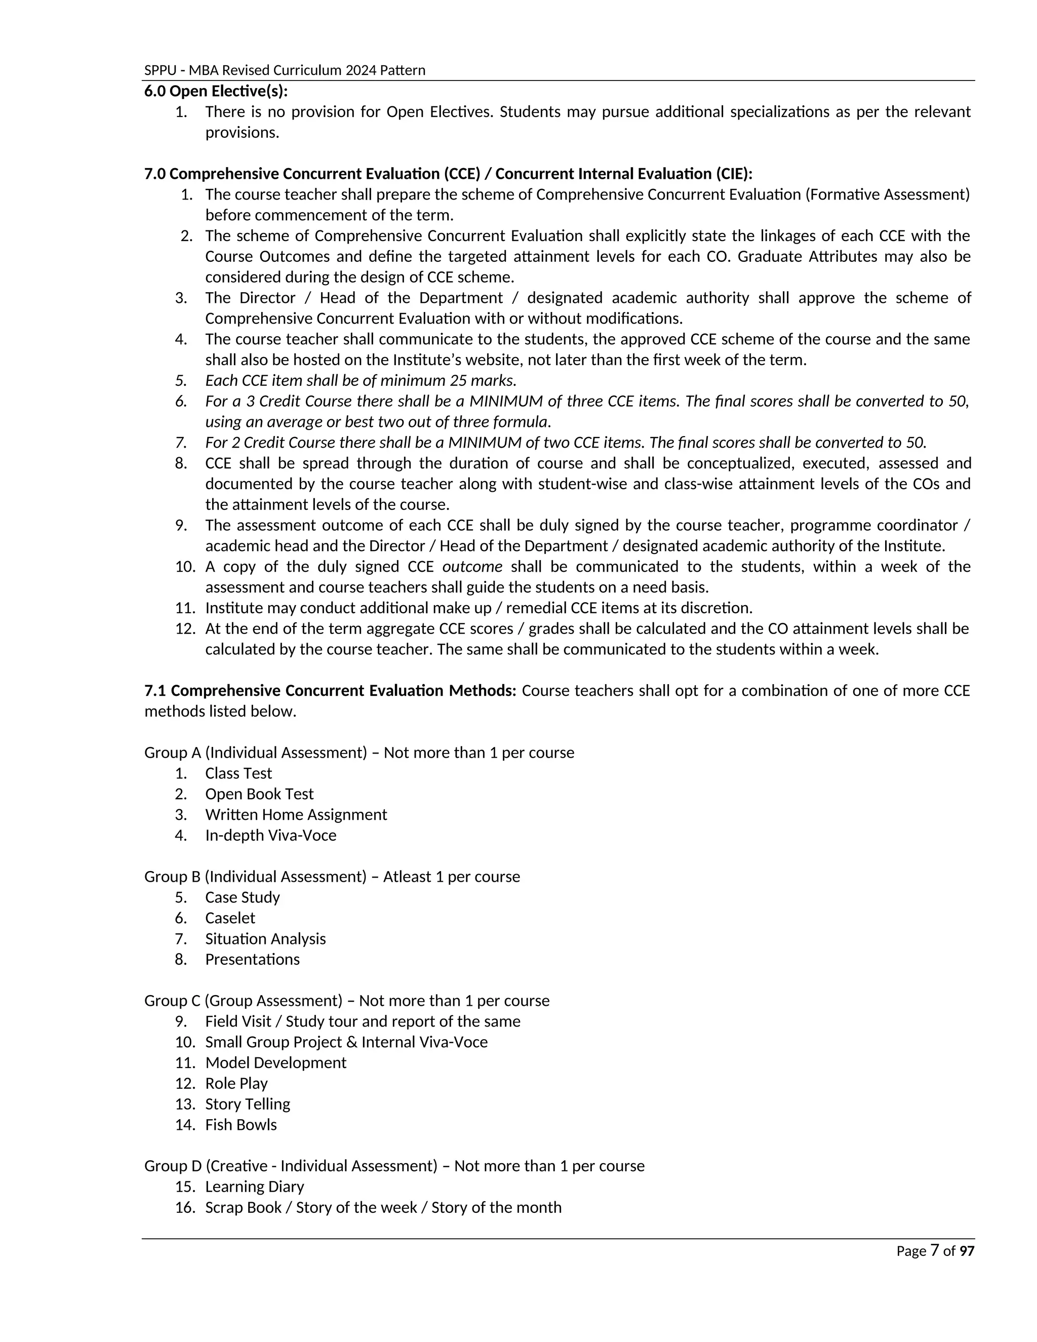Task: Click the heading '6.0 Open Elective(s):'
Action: coord(216,92)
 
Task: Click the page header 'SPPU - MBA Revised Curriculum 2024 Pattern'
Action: coord(285,70)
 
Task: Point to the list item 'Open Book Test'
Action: coord(259,794)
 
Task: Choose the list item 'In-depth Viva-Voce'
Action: coord(270,835)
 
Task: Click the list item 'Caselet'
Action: coord(230,918)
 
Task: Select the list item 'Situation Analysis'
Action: coord(265,939)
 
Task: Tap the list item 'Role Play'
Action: coord(236,1083)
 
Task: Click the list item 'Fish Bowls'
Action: coord(241,1124)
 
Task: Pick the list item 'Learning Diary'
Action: coord(254,1187)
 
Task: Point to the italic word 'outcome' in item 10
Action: coord(472,567)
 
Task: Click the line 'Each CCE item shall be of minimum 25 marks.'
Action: coord(361,380)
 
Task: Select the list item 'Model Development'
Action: coord(275,1062)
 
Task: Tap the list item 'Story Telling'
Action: coord(248,1103)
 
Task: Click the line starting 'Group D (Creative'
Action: coord(394,1166)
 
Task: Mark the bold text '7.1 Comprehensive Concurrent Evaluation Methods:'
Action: coord(331,691)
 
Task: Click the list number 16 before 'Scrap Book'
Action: coord(184,1207)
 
